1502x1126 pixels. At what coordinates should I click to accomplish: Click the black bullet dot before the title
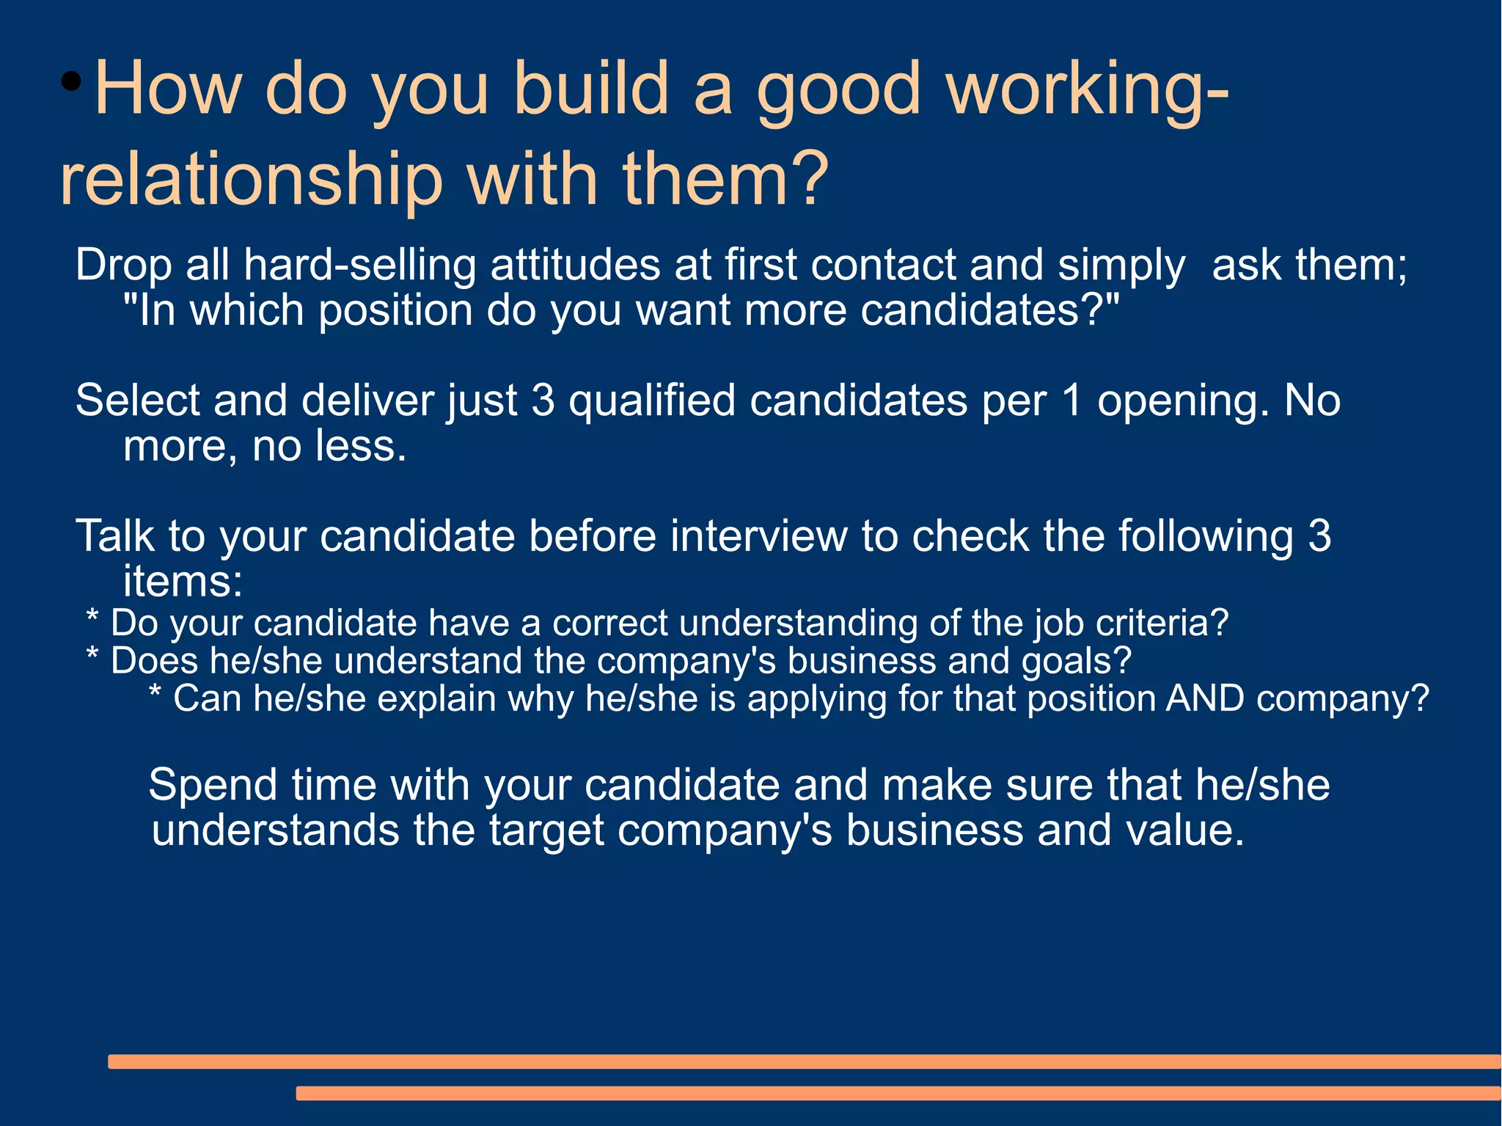coord(71,81)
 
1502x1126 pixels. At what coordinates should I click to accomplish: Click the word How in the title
coord(168,89)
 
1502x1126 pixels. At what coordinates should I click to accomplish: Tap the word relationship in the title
coord(252,179)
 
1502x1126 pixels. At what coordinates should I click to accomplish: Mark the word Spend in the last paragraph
coord(213,784)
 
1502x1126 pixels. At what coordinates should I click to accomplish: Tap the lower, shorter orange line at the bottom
coord(898,1093)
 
